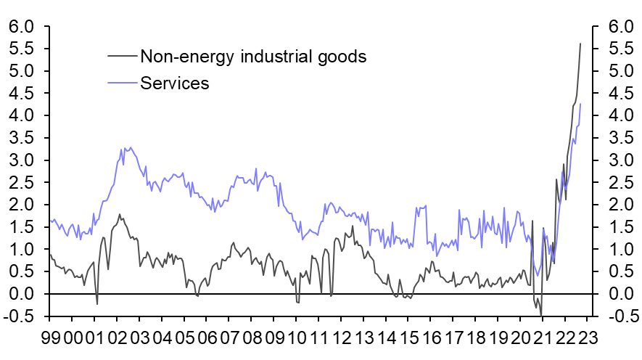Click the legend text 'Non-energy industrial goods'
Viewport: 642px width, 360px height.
point(253,57)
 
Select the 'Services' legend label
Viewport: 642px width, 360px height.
point(174,83)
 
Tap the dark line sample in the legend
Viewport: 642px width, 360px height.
point(121,55)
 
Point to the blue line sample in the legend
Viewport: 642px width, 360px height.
point(121,83)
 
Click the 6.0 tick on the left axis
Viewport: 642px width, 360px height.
point(22,27)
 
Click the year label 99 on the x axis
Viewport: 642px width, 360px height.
point(50,338)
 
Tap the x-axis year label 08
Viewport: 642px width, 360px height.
point(252,338)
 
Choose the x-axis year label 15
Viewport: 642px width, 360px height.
point(410,338)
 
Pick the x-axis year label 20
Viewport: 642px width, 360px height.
point(522,338)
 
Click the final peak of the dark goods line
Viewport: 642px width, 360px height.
point(580,44)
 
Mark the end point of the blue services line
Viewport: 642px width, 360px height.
point(580,104)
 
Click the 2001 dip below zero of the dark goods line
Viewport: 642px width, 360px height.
point(97,303)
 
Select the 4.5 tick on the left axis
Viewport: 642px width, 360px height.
point(22,94)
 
